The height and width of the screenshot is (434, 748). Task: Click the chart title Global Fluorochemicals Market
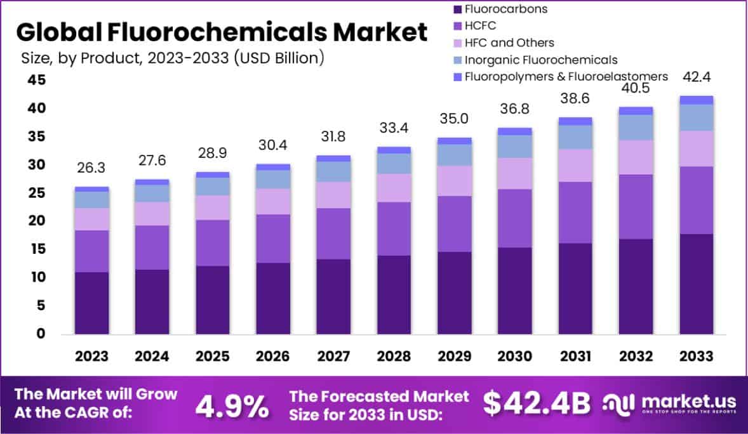[x=222, y=32]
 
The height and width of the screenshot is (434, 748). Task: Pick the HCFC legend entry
[x=480, y=26]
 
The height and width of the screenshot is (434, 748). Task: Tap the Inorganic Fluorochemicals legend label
[x=540, y=60]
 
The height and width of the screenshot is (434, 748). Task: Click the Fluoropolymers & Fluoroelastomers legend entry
[x=566, y=76]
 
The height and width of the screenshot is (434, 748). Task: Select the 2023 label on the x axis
[x=92, y=357]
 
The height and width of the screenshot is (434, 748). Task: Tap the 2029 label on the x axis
[x=455, y=357]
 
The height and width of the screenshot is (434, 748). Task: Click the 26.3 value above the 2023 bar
[x=92, y=170]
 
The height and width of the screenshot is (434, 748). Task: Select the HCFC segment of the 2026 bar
[x=273, y=239]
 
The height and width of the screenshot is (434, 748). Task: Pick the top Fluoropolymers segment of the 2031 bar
[x=575, y=121]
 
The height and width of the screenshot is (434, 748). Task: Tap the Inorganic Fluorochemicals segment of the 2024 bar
[x=152, y=193]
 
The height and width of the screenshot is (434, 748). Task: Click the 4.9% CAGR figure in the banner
[x=231, y=406]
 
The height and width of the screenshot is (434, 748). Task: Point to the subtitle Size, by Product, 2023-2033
[x=171, y=58]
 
